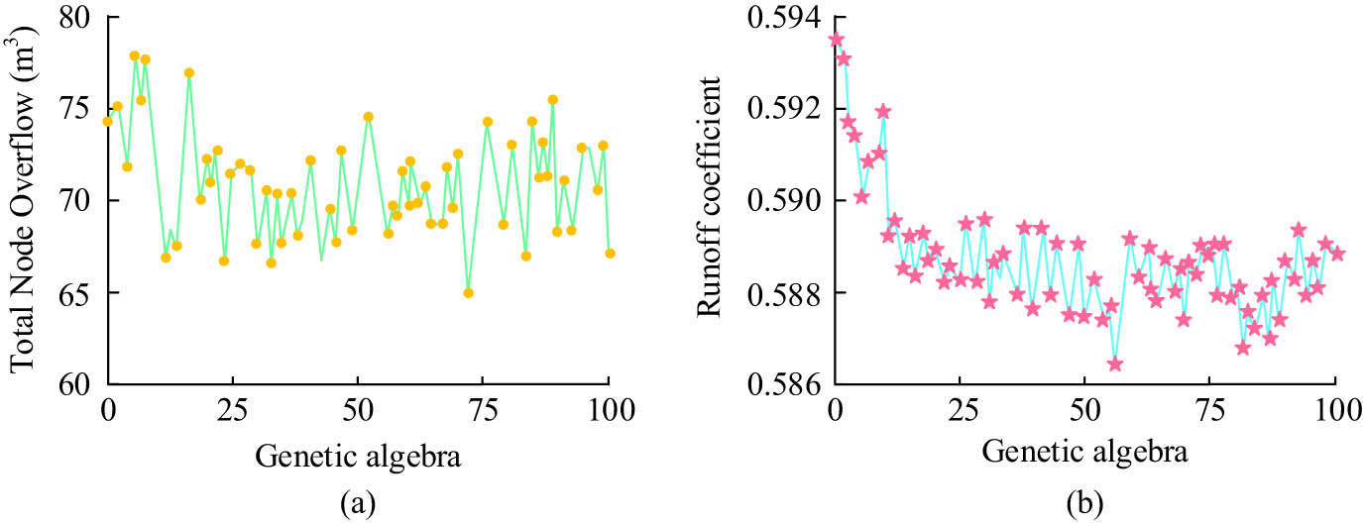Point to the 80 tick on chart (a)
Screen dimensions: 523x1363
coord(75,18)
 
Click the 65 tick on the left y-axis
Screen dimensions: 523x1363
coord(75,293)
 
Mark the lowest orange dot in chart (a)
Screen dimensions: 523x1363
coord(468,292)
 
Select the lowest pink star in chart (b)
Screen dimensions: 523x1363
coord(1115,364)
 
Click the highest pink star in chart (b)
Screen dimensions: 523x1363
coord(836,40)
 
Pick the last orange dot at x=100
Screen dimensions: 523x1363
coord(610,254)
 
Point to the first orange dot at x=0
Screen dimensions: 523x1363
coord(107,122)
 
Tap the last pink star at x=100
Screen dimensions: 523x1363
coord(1337,254)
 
